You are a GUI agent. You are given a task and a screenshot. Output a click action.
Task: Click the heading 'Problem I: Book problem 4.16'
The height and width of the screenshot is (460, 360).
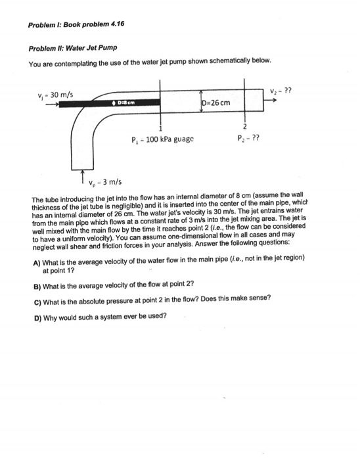coord(76,24)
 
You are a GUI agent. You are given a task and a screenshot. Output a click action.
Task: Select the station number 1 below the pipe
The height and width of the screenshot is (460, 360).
coord(160,128)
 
